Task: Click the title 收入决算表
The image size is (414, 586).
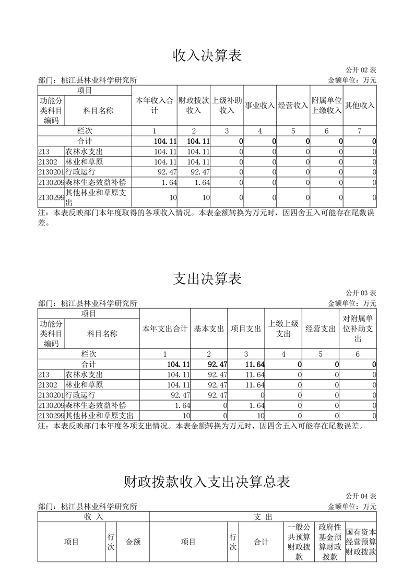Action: (207, 55)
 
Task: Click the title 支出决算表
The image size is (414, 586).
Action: (207, 278)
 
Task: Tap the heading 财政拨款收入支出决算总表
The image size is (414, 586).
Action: (207, 481)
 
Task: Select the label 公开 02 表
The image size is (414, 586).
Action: (361, 69)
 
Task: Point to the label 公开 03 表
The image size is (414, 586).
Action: (361, 292)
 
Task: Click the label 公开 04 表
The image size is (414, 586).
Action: (361, 496)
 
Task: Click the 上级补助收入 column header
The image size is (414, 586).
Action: (227, 105)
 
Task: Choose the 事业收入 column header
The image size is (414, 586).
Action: (260, 105)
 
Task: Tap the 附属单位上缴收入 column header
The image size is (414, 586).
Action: (326, 105)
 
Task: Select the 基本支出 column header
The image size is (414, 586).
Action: (209, 329)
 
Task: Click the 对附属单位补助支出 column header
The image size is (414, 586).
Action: (358, 329)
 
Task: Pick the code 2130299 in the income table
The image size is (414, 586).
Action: (51, 197)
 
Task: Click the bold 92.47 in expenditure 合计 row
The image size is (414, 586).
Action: (217, 364)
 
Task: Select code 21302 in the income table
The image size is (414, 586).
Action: (48, 161)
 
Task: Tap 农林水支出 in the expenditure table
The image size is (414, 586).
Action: (84, 374)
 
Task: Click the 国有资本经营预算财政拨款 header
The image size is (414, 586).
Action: (361, 542)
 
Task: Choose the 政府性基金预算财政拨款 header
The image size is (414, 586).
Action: (330, 542)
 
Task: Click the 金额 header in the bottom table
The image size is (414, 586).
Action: (133, 542)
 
